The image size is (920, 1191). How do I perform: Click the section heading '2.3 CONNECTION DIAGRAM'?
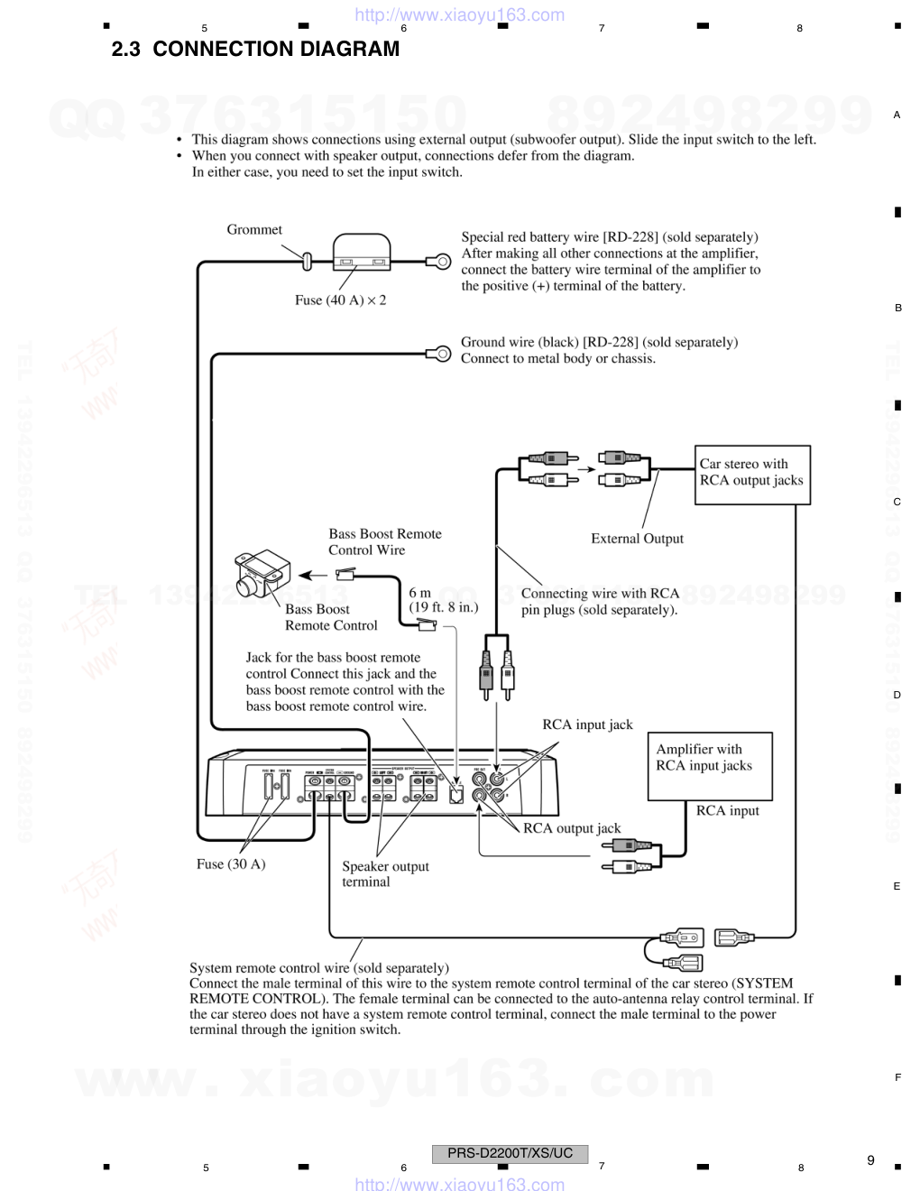coord(255,50)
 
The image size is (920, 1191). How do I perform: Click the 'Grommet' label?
coord(254,230)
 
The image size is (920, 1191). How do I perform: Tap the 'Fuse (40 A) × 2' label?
coord(340,300)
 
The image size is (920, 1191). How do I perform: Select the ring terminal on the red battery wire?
coord(441,262)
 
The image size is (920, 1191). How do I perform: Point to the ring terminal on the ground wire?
coord(441,353)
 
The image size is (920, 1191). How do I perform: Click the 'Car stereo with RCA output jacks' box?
coord(752,474)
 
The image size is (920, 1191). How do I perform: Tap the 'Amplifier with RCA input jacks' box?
coord(710,765)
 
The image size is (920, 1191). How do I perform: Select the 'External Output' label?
coord(637,539)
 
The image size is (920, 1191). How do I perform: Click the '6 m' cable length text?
coord(420,593)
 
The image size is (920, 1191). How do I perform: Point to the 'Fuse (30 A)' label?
coord(231,864)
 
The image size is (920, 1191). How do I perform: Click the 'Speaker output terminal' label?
coord(385,873)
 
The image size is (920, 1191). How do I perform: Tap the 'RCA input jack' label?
coord(587,725)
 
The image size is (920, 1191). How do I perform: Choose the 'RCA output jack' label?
coord(572,828)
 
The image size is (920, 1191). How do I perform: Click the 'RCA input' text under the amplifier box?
coord(727,811)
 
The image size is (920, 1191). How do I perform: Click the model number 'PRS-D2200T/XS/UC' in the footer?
coord(510,1153)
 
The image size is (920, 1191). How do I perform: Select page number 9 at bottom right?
coord(870,1160)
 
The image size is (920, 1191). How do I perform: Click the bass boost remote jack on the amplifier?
coord(456,795)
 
